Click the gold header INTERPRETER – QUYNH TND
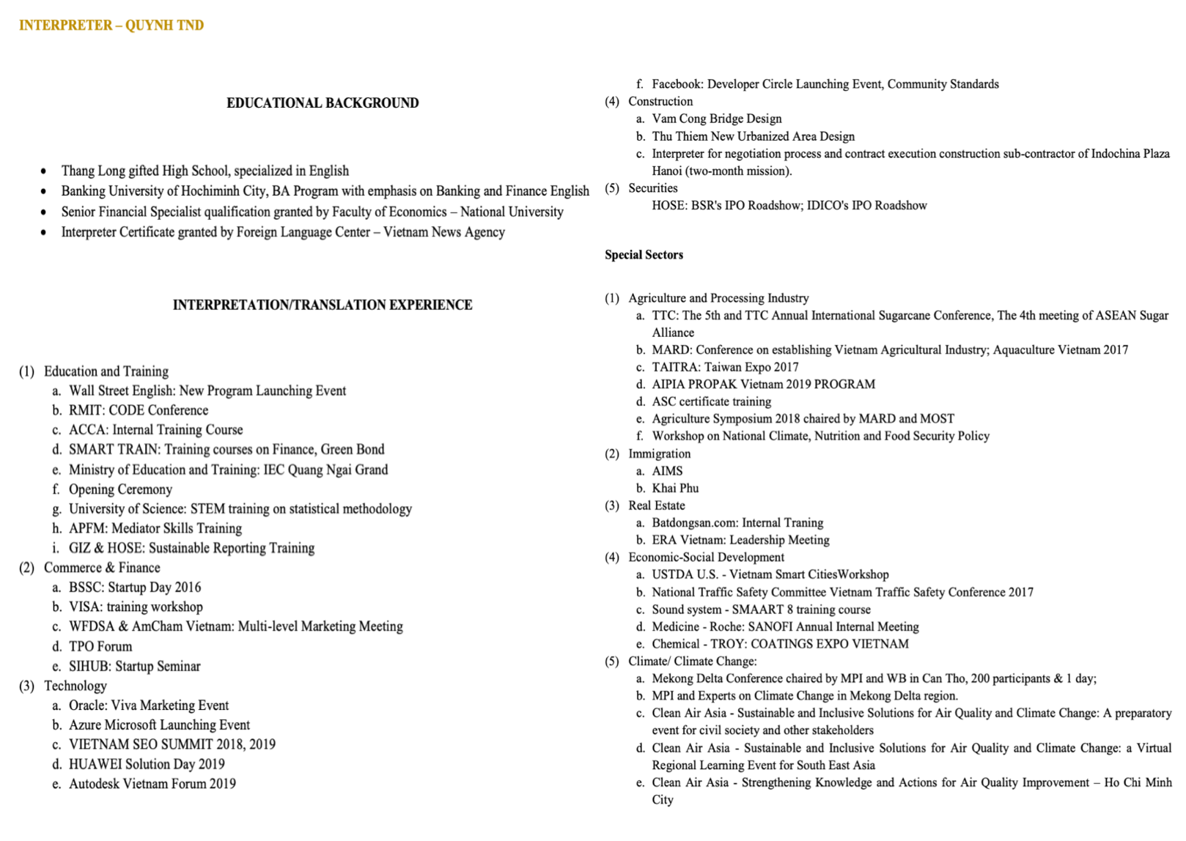[x=111, y=26]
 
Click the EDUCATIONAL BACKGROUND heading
[x=323, y=103]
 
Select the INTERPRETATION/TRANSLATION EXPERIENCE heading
[x=323, y=305]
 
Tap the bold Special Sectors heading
[x=644, y=255]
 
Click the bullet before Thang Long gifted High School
[x=44, y=171]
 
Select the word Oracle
[x=86, y=705]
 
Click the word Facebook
[x=676, y=84]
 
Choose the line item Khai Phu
[x=675, y=488]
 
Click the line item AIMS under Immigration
[x=667, y=471]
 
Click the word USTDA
[x=670, y=574]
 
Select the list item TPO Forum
[x=100, y=647]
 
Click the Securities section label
[x=652, y=188]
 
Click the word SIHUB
[x=89, y=667]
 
